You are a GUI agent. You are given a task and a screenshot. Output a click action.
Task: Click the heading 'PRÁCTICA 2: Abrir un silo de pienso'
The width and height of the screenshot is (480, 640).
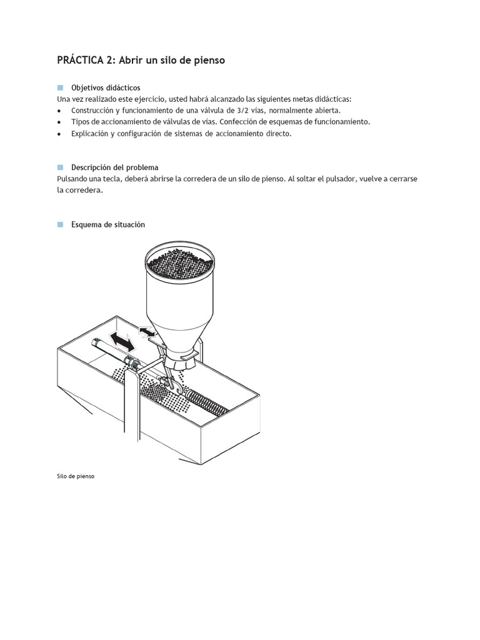click(x=141, y=61)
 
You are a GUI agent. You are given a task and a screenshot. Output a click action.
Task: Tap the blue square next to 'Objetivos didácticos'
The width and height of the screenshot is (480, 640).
click(x=61, y=87)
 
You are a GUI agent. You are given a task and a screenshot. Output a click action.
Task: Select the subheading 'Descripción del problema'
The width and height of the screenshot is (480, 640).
click(x=114, y=167)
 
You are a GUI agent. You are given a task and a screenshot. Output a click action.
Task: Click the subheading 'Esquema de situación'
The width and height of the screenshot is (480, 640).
click(x=107, y=224)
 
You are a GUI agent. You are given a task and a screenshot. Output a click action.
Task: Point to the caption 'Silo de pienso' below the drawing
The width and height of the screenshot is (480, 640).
click(x=75, y=476)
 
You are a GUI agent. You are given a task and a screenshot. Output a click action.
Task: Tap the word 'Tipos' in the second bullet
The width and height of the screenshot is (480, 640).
click(x=81, y=122)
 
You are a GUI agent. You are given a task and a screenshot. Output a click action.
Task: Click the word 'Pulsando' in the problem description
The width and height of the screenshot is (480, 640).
click(x=72, y=179)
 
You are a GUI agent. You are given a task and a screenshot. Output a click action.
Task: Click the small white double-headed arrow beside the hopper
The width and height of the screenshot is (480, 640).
click(x=147, y=331)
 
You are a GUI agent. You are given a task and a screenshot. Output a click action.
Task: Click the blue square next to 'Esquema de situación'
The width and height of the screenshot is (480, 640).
click(x=61, y=224)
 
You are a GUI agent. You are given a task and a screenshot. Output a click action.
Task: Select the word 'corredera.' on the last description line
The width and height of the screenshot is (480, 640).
click(x=85, y=191)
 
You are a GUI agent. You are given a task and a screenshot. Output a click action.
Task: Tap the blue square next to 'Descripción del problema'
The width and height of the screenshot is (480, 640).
click(x=61, y=167)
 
